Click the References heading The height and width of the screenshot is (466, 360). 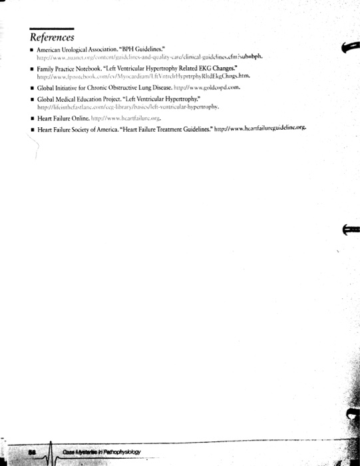(x=51, y=36)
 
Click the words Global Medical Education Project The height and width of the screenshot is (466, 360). (x=77, y=99)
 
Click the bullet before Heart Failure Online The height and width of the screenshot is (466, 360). (x=32, y=118)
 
